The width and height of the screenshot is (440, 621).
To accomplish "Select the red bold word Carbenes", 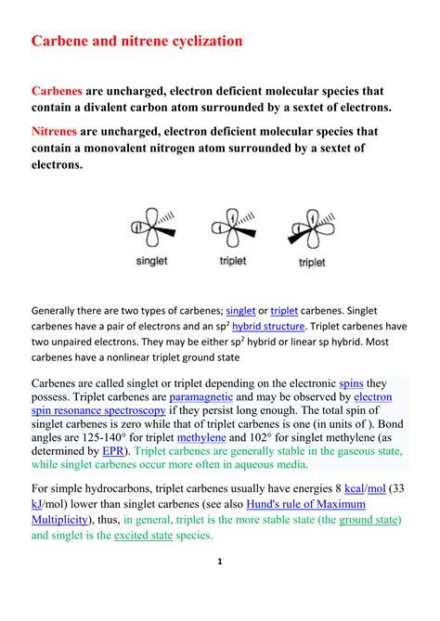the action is pyautogui.click(x=57, y=92).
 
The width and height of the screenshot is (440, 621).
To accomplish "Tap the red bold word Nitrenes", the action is pyautogui.click(x=57, y=132).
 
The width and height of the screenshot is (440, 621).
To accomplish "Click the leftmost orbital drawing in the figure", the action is pyautogui.click(x=151, y=227).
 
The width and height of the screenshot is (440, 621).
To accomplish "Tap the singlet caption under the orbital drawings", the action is pyautogui.click(x=151, y=261).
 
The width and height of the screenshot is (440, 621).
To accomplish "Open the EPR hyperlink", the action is pyautogui.click(x=114, y=451).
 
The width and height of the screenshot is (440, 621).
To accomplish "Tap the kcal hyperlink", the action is pyautogui.click(x=354, y=488).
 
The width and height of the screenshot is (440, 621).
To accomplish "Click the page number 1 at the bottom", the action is pyautogui.click(x=219, y=588).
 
